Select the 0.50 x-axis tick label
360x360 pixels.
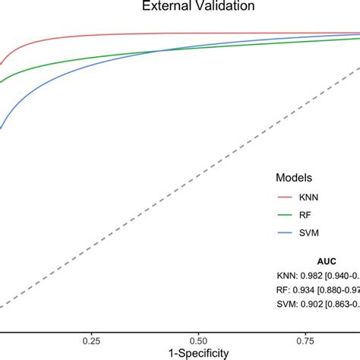coord(199,339)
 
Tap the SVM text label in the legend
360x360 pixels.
coord(309,234)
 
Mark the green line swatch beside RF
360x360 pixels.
coord(285,215)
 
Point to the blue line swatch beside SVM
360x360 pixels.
coord(285,234)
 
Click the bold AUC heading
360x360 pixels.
coord(313,261)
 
